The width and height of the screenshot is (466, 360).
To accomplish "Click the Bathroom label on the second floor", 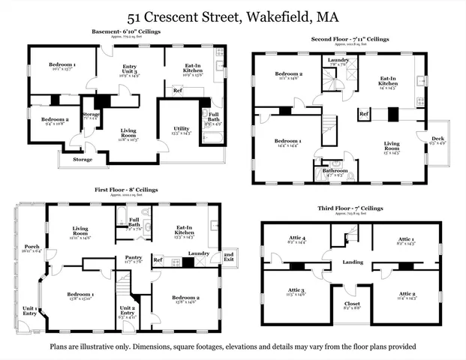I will point(335,170).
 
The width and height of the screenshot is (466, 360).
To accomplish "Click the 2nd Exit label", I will point(228,256).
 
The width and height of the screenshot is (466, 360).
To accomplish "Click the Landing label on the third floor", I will point(353,262).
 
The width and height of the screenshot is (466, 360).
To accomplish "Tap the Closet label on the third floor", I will point(352,304).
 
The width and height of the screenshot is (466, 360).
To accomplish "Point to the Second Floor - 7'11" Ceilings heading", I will point(349,38).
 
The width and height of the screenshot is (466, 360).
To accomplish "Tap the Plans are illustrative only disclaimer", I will point(233,346).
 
